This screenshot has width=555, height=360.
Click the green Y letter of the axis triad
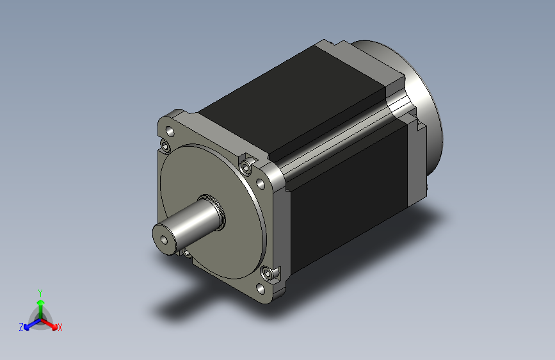(x=40, y=293)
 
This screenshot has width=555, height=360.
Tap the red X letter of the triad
(x=60, y=327)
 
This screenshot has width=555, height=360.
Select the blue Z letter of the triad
(x=21, y=327)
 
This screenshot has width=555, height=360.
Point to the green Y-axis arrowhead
(x=41, y=302)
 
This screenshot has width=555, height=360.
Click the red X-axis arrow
(x=49, y=324)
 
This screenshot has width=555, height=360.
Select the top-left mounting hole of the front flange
(x=170, y=132)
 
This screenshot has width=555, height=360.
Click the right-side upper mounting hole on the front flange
(x=260, y=184)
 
